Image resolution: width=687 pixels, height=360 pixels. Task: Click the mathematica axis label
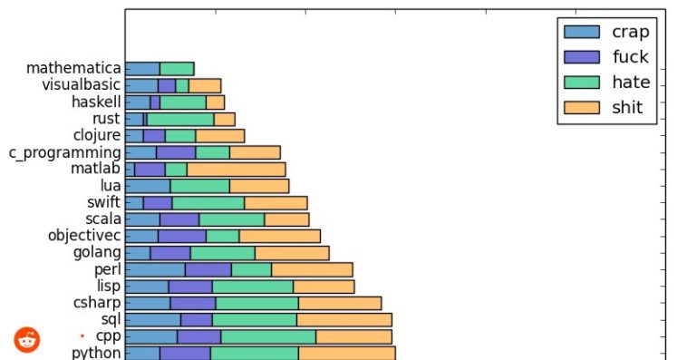pos(73,68)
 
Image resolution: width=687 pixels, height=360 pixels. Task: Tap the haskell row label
pos(96,102)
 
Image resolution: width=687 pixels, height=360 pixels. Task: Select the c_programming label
pos(65,152)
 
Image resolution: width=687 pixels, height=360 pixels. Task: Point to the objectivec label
pos(84,236)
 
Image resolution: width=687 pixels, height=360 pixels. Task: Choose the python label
pos(96,353)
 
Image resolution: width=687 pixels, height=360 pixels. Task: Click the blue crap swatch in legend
pos(581,32)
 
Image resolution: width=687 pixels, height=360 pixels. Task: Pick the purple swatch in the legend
pos(581,57)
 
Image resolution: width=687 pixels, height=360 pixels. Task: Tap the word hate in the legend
pos(631,83)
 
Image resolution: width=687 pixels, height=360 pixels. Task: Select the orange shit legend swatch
pos(581,108)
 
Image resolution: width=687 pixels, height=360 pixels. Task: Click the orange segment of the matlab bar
pos(236,169)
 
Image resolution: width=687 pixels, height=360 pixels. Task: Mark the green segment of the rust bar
pos(180,119)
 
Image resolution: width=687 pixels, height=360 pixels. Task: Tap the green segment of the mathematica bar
pos(177,68)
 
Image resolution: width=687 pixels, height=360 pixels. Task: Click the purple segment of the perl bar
pos(208,269)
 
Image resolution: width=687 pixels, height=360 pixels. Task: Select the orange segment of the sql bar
pos(343,319)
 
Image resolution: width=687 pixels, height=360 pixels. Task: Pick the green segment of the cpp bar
pos(267,336)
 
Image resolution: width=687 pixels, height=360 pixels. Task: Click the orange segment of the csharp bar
pos(339,303)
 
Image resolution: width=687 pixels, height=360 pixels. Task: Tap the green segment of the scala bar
pos(231,219)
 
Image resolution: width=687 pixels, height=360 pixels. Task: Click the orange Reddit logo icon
pos(27,340)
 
